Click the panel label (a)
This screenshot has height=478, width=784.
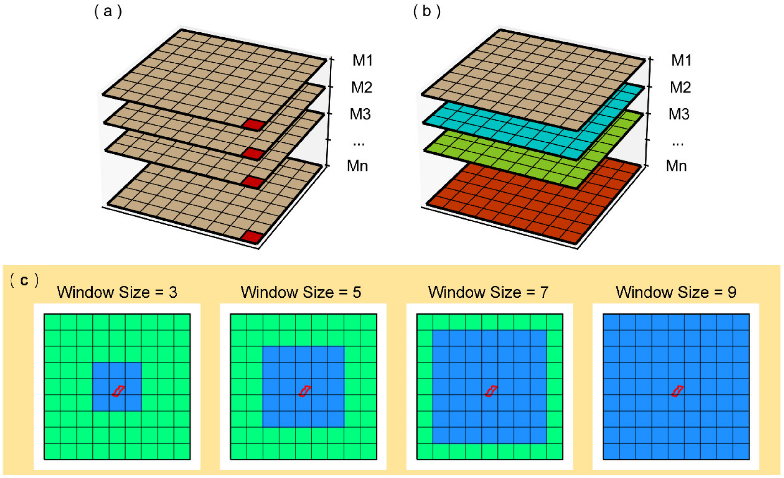click(x=108, y=12)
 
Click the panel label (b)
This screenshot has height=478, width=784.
click(x=427, y=12)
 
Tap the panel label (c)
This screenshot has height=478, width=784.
click(x=24, y=280)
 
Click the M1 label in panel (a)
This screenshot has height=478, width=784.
click(x=363, y=60)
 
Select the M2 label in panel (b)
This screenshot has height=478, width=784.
click(x=680, y=87)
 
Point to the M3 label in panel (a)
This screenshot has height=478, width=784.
click(x=360, y=114)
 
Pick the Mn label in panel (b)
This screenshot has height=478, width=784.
click(x=676, y=166)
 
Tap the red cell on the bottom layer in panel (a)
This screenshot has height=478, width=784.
click(x=253, y=237)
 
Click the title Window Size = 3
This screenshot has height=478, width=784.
click(x=117, y=292)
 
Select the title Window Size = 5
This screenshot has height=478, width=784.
click(x=301, y=292)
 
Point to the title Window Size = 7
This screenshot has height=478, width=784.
click(x=488, y=292)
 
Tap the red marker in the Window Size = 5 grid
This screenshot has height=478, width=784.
click(x=304, y=391)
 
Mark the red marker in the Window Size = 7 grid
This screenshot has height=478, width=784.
click(x=491, y=391)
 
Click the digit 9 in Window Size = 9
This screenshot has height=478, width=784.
click(x=732, y=292)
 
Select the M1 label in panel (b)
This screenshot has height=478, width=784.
click(x=681, y=60)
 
